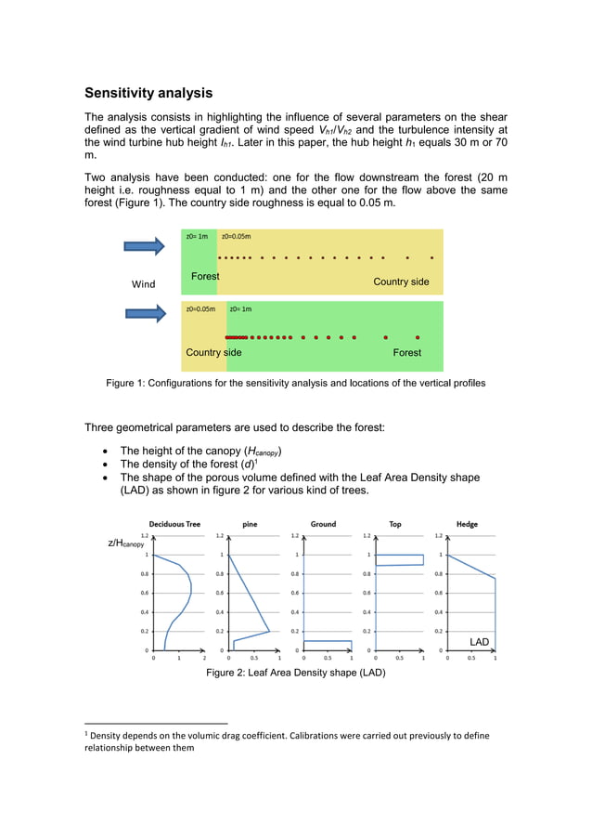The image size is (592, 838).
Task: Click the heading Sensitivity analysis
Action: click(148, 93)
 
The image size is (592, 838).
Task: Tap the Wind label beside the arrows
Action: click(143, 283)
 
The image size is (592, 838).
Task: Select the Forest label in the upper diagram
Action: click(205, 277)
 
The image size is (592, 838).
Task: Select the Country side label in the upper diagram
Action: click(401, 282)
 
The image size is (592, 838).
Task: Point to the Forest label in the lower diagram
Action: click(406, 353)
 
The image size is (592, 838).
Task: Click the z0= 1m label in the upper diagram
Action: click(197, 237)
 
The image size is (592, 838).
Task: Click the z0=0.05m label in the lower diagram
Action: click(200, 309)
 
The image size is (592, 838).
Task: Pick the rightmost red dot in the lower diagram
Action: click(418, 337)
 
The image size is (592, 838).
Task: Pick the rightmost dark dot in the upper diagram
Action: click(431, 257)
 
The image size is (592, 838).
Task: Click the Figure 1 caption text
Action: click(295, 383)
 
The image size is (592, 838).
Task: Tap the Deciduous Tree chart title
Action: click(174, 524)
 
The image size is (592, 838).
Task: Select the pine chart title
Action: click(250, 524)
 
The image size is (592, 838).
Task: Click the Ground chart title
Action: click(323, 524)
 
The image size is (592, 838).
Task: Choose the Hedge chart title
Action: click(467, 524)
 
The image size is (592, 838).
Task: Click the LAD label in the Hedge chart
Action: click(479, 642)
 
